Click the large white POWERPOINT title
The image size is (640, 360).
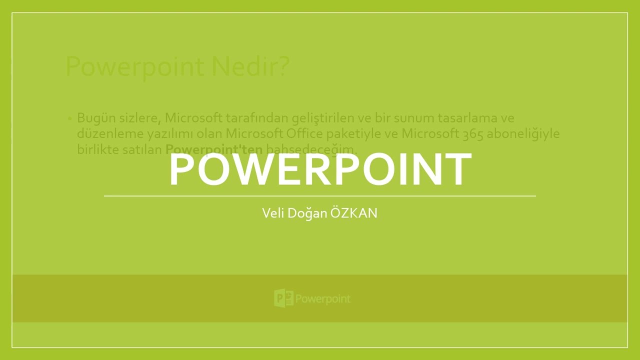320,169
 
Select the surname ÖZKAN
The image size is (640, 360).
354,213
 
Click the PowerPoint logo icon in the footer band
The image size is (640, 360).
283,298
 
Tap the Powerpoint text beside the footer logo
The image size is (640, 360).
323,299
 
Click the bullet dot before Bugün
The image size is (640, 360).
69,119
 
